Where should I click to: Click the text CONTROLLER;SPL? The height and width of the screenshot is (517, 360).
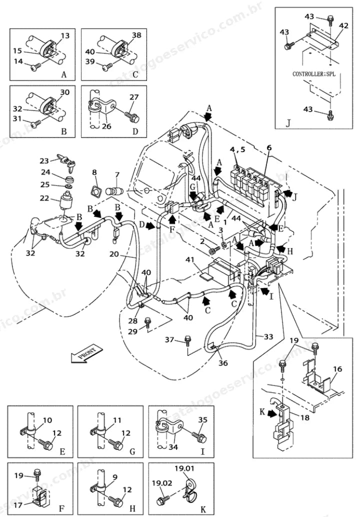tap(314, 74)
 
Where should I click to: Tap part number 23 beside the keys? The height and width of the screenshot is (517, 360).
tap(44, 161)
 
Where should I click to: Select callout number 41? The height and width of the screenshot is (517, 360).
tap(189, 260)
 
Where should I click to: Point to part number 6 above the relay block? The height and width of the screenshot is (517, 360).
tap(269, 147)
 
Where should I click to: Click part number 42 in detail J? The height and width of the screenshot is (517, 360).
tap(343, 25)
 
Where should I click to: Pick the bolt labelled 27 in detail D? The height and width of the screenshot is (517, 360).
tap(132, 115)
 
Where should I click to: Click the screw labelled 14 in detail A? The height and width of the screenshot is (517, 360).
tap(35, 67)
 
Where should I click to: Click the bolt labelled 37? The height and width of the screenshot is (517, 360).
tap(187, 340)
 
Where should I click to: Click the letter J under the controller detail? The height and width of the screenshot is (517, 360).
tap(288, 123)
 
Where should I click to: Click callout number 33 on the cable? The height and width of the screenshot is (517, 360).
tap(268, 336)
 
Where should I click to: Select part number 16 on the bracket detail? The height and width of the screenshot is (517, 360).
tap(337, 369)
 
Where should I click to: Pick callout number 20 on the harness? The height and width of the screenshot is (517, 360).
tap(114, 254)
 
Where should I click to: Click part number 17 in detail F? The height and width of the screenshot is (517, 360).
tap(19, 504)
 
